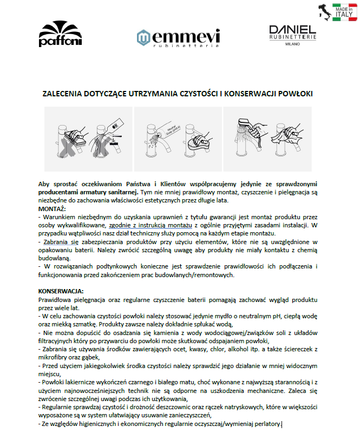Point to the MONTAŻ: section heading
pyautogui.click(x=52, y=208)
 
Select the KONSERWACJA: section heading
pyautogui.click(x=60, y=291)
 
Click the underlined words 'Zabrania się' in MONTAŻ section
pyautogui.click(x=61, y=241)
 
